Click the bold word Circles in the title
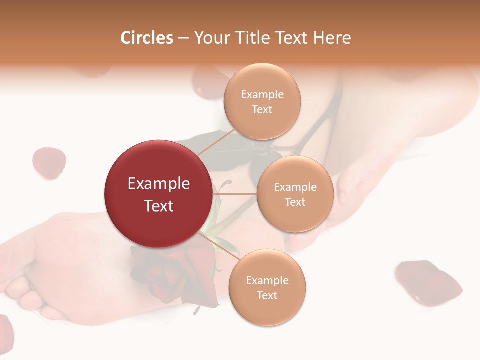click(x=146, y=38)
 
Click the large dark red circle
click(x=158, y=194)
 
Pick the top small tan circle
click(x=261, y=101)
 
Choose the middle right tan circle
click(x=295, y=194)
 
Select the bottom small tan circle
click(x=267, y=288)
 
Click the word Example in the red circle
click(x=158, y=184)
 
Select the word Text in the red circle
click(x=158, y=206)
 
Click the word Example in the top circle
click(x=262, y=95)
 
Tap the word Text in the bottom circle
click(x=267, y=295)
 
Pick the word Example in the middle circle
click(x=295, y=187)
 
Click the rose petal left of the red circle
click(x=49, y=162)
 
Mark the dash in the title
click(x=183, y=38)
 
